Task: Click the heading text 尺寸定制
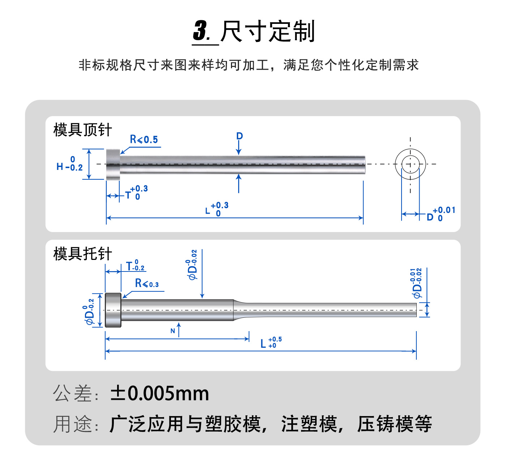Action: tap(267, 31)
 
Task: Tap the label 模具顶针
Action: tap(82, 130)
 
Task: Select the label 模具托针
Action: tap(82, 254)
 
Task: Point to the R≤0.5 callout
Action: tap(144, 140)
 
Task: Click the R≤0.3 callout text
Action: tap(147, 283)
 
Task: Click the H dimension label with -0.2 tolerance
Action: tap(69, 164)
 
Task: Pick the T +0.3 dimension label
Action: tap(137, 193)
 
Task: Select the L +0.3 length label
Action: tap(217, 209)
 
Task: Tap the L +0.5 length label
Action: tap(271, 342)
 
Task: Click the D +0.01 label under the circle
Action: tap(441, 214)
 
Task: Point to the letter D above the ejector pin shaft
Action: tap(240, 136)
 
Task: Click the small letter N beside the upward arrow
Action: tap(173, 331)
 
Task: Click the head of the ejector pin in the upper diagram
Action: tap(113, 164)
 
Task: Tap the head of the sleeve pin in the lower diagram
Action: tap(113, 310)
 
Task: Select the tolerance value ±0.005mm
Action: tap(160, 394)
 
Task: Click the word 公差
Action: tap(72, 394)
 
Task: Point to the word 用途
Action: tap(72, 424)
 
